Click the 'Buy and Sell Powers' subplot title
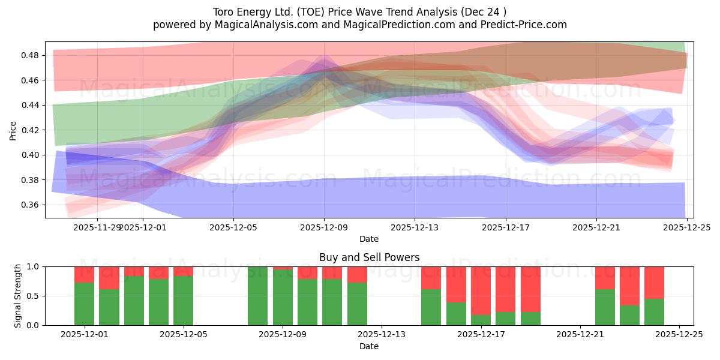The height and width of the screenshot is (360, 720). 368,257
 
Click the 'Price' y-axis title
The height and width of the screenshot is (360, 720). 13,130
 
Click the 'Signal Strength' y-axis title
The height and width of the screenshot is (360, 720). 18,296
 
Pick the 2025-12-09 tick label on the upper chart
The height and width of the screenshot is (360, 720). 325,228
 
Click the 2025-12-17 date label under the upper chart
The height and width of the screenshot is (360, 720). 506,228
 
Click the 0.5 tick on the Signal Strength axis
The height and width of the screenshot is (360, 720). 34,296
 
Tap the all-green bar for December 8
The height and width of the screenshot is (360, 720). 258,296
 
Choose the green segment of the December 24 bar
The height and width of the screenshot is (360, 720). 654,312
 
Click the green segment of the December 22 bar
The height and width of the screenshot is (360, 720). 605,307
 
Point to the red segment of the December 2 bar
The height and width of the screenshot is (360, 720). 109,278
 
